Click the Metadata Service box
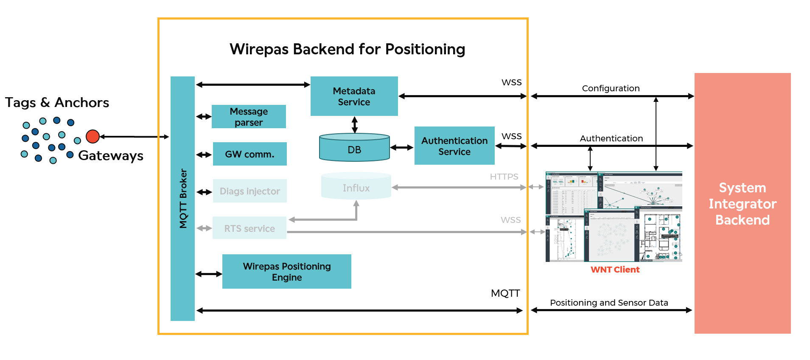[x=354, y=96]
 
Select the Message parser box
[x=249, y=117]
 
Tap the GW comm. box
[x=249, y=154]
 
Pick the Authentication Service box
[x=454, y=146]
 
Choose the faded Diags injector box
[x=249, y=191]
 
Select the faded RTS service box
[x=249, y=228]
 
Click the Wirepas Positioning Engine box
[x=287, y=272]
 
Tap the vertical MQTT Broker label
[x=183, y=199]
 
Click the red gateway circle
[x=92, y=136]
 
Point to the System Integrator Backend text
[x=743, y=204]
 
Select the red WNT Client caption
[x=615, y=270]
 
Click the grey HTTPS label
[x=504, y=177]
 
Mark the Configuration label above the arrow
[x=611, y=88]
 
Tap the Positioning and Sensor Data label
[x=609, y=303]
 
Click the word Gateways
[x=111, y=156]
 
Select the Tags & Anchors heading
[x=57, y=103]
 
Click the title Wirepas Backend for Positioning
[x=347, y=49]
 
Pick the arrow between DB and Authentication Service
[x=401, y=148]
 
